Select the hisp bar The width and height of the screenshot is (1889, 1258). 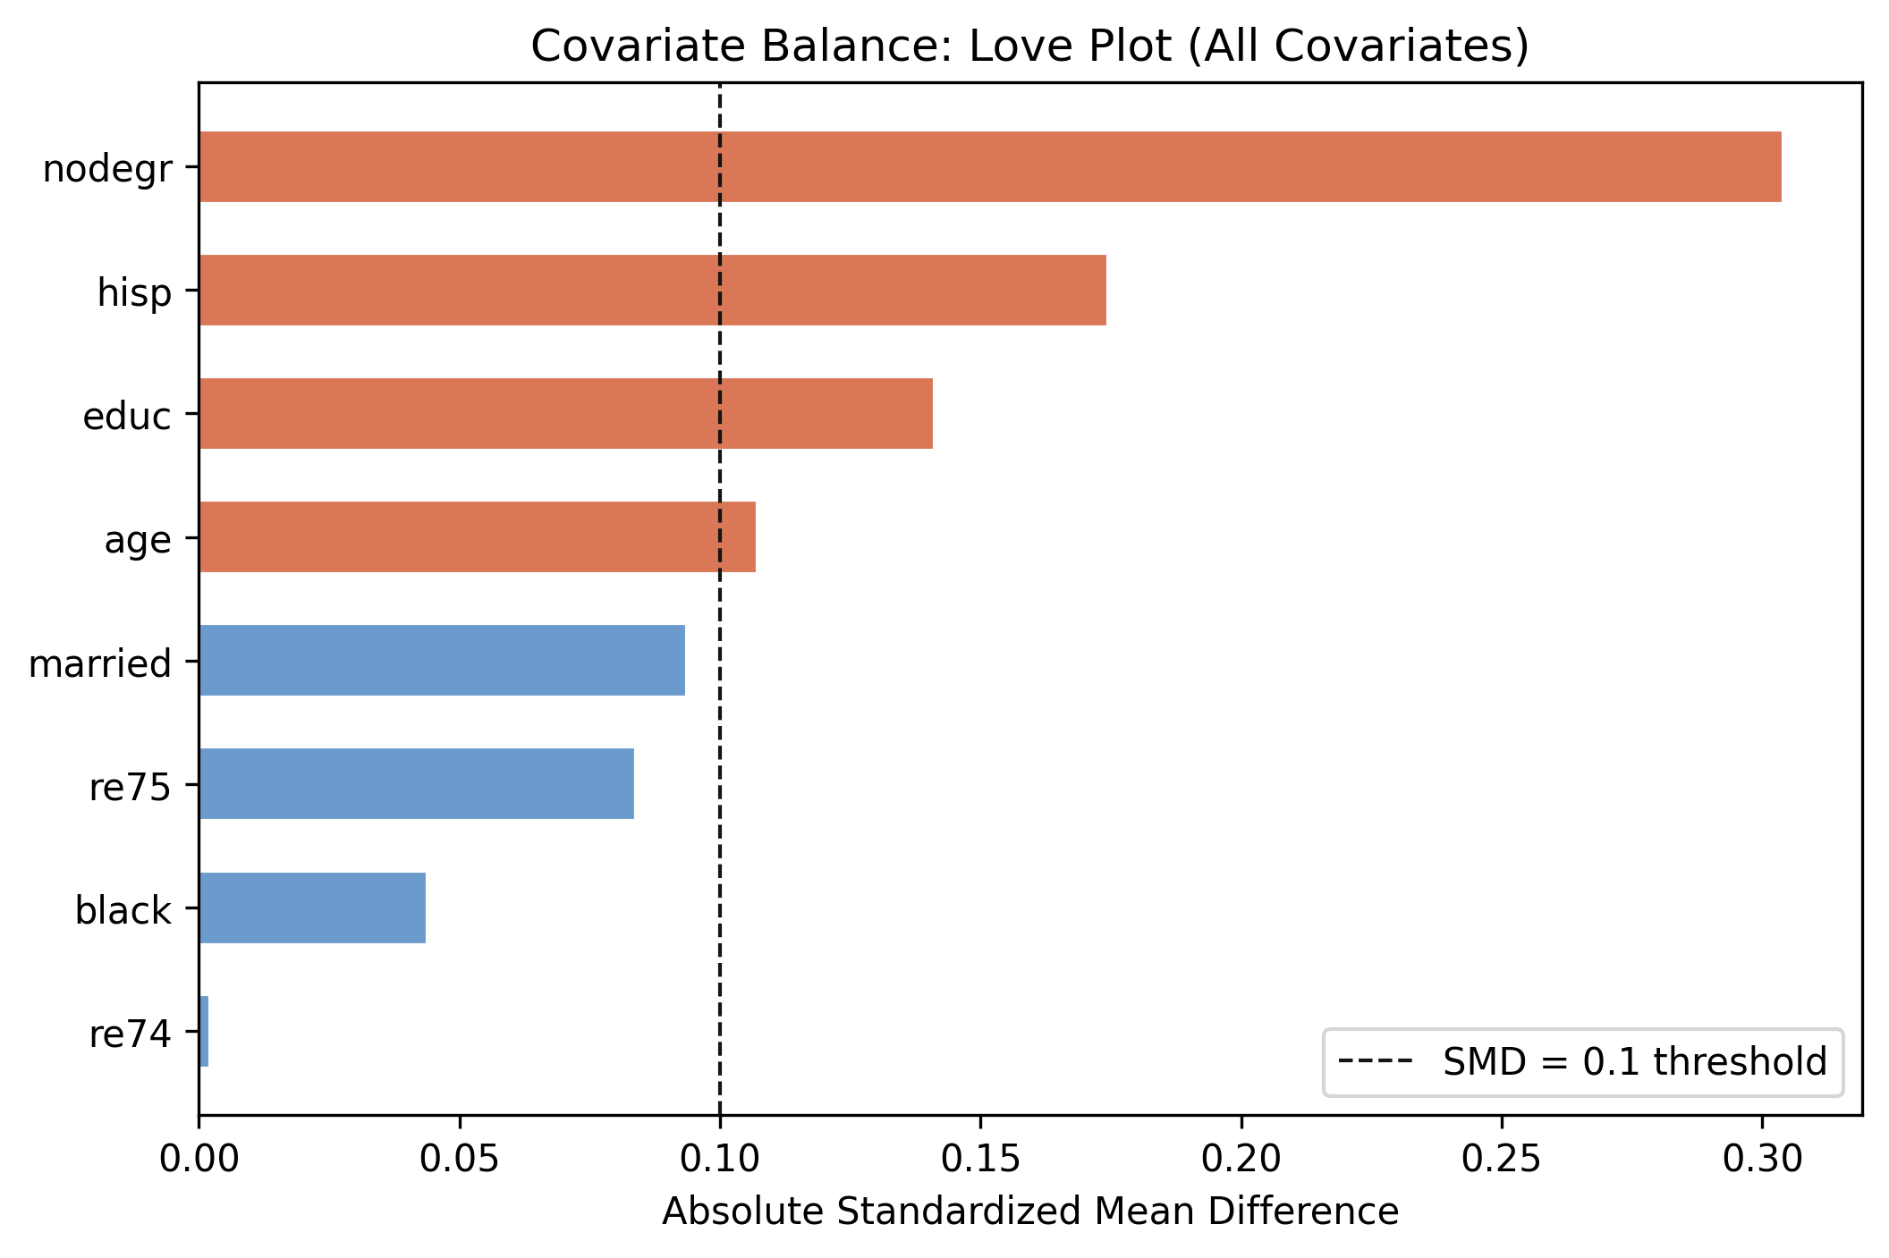click(652, 291)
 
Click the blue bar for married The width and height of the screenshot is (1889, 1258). click(442, 661)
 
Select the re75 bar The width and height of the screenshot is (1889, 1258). click(416, 784)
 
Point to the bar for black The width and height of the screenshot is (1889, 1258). click(312, 908)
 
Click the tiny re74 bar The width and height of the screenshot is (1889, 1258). click(204, 1032)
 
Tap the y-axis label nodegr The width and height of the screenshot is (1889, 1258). click(107, 169)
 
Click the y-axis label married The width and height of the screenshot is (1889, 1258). click(100, 663)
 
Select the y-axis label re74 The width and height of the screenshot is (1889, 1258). click(130, 1034)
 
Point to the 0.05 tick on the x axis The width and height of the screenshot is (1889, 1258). click(459, 1160)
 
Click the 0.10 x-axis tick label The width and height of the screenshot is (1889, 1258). click(719, 1160)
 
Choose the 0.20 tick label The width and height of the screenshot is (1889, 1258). click(1241, 1160)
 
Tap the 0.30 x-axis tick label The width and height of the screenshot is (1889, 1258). click(1761, 1160)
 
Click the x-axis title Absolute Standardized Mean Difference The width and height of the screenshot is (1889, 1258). click(1029, 1212)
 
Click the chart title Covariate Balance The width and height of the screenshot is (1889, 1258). click(1029, 46)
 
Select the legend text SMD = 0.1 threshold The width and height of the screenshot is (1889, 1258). click(1634, 1062)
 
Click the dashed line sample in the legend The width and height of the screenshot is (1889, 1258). click(1375, 1062)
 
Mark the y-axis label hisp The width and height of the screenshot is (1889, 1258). click(134, 292)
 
